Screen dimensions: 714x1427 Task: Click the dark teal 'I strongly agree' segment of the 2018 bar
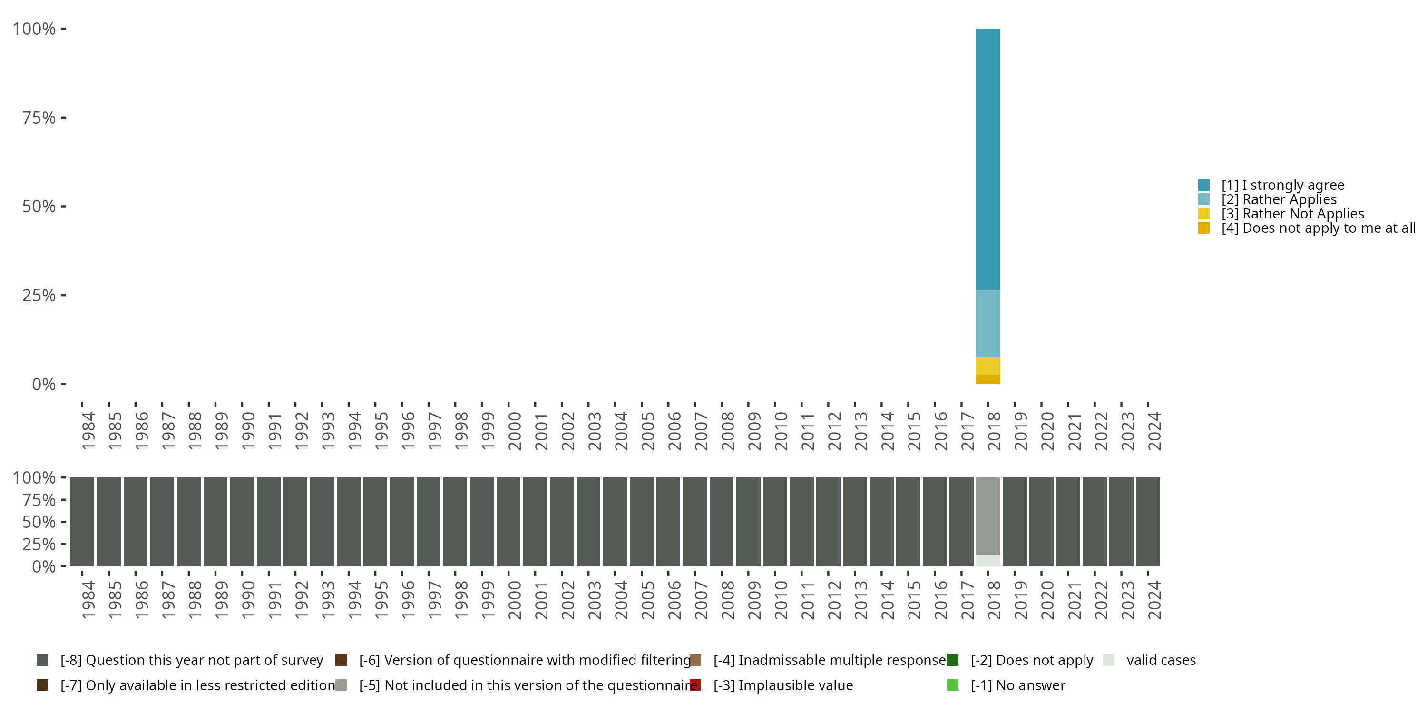tap(987, 159)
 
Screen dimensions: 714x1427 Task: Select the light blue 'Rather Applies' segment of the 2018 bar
tap(987, 324)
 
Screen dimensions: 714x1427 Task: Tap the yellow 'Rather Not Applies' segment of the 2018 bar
tap(987, 366)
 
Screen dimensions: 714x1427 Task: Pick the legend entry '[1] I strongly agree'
tap(1282, 185)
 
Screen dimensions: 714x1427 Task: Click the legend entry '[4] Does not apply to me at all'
tap(1318, 228)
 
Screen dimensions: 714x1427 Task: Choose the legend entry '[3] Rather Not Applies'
tap(1292, 214)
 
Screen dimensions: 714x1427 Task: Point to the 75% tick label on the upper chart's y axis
tap(39, 118)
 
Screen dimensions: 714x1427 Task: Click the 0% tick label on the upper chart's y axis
tap(44, 384)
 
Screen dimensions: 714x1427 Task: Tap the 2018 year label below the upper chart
tap(994, 431)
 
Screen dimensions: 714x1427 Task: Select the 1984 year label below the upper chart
tap(88, 431)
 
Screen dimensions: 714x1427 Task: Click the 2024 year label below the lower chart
tap(1154, 600)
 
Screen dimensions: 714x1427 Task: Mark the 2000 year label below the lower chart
tap(515, 600)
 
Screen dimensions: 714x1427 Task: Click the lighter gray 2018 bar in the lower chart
tap(987, 516)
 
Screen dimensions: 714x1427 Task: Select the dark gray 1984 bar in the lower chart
tap(82, 522)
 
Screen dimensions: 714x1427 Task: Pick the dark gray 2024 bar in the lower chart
tap(1148, 522)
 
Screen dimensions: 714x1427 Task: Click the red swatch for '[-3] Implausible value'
tap(696, 685)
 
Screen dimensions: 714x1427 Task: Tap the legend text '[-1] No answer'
tap(1017, 685)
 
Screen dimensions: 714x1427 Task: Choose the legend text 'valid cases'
tap(1161, 660)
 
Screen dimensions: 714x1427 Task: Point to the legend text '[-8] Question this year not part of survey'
tap(192, 660)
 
